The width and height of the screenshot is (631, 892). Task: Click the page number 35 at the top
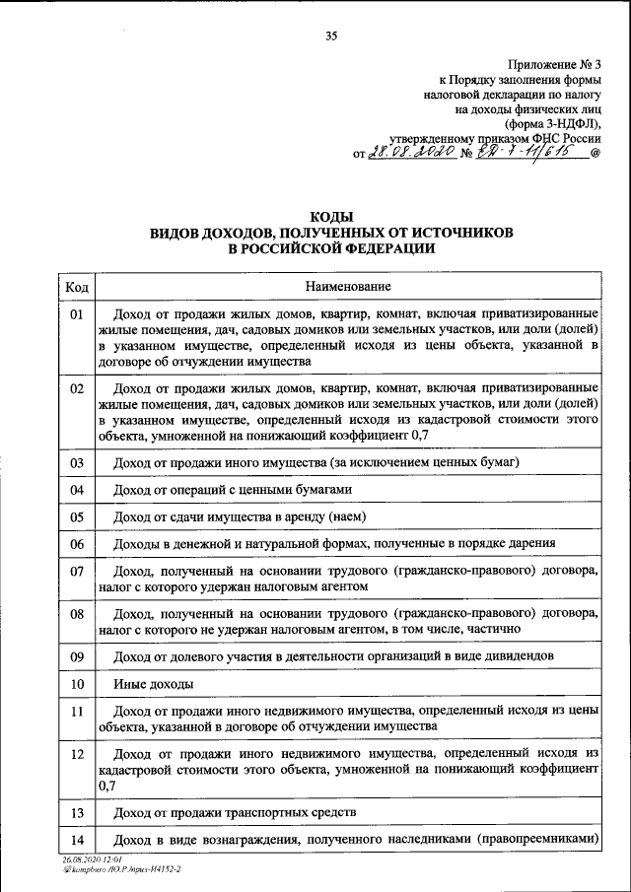coord(331,36)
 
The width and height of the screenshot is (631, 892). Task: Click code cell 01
coord(77,315)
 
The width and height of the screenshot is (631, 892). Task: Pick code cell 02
coord(77,388)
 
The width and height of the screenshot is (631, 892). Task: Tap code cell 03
coord(77,461)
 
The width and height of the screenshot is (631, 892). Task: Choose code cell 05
coord(77,515)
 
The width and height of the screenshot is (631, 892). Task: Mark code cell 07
coord(77,571)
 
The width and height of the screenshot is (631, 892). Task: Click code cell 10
coord(77,682)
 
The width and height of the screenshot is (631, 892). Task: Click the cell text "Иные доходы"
coord(153,683)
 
